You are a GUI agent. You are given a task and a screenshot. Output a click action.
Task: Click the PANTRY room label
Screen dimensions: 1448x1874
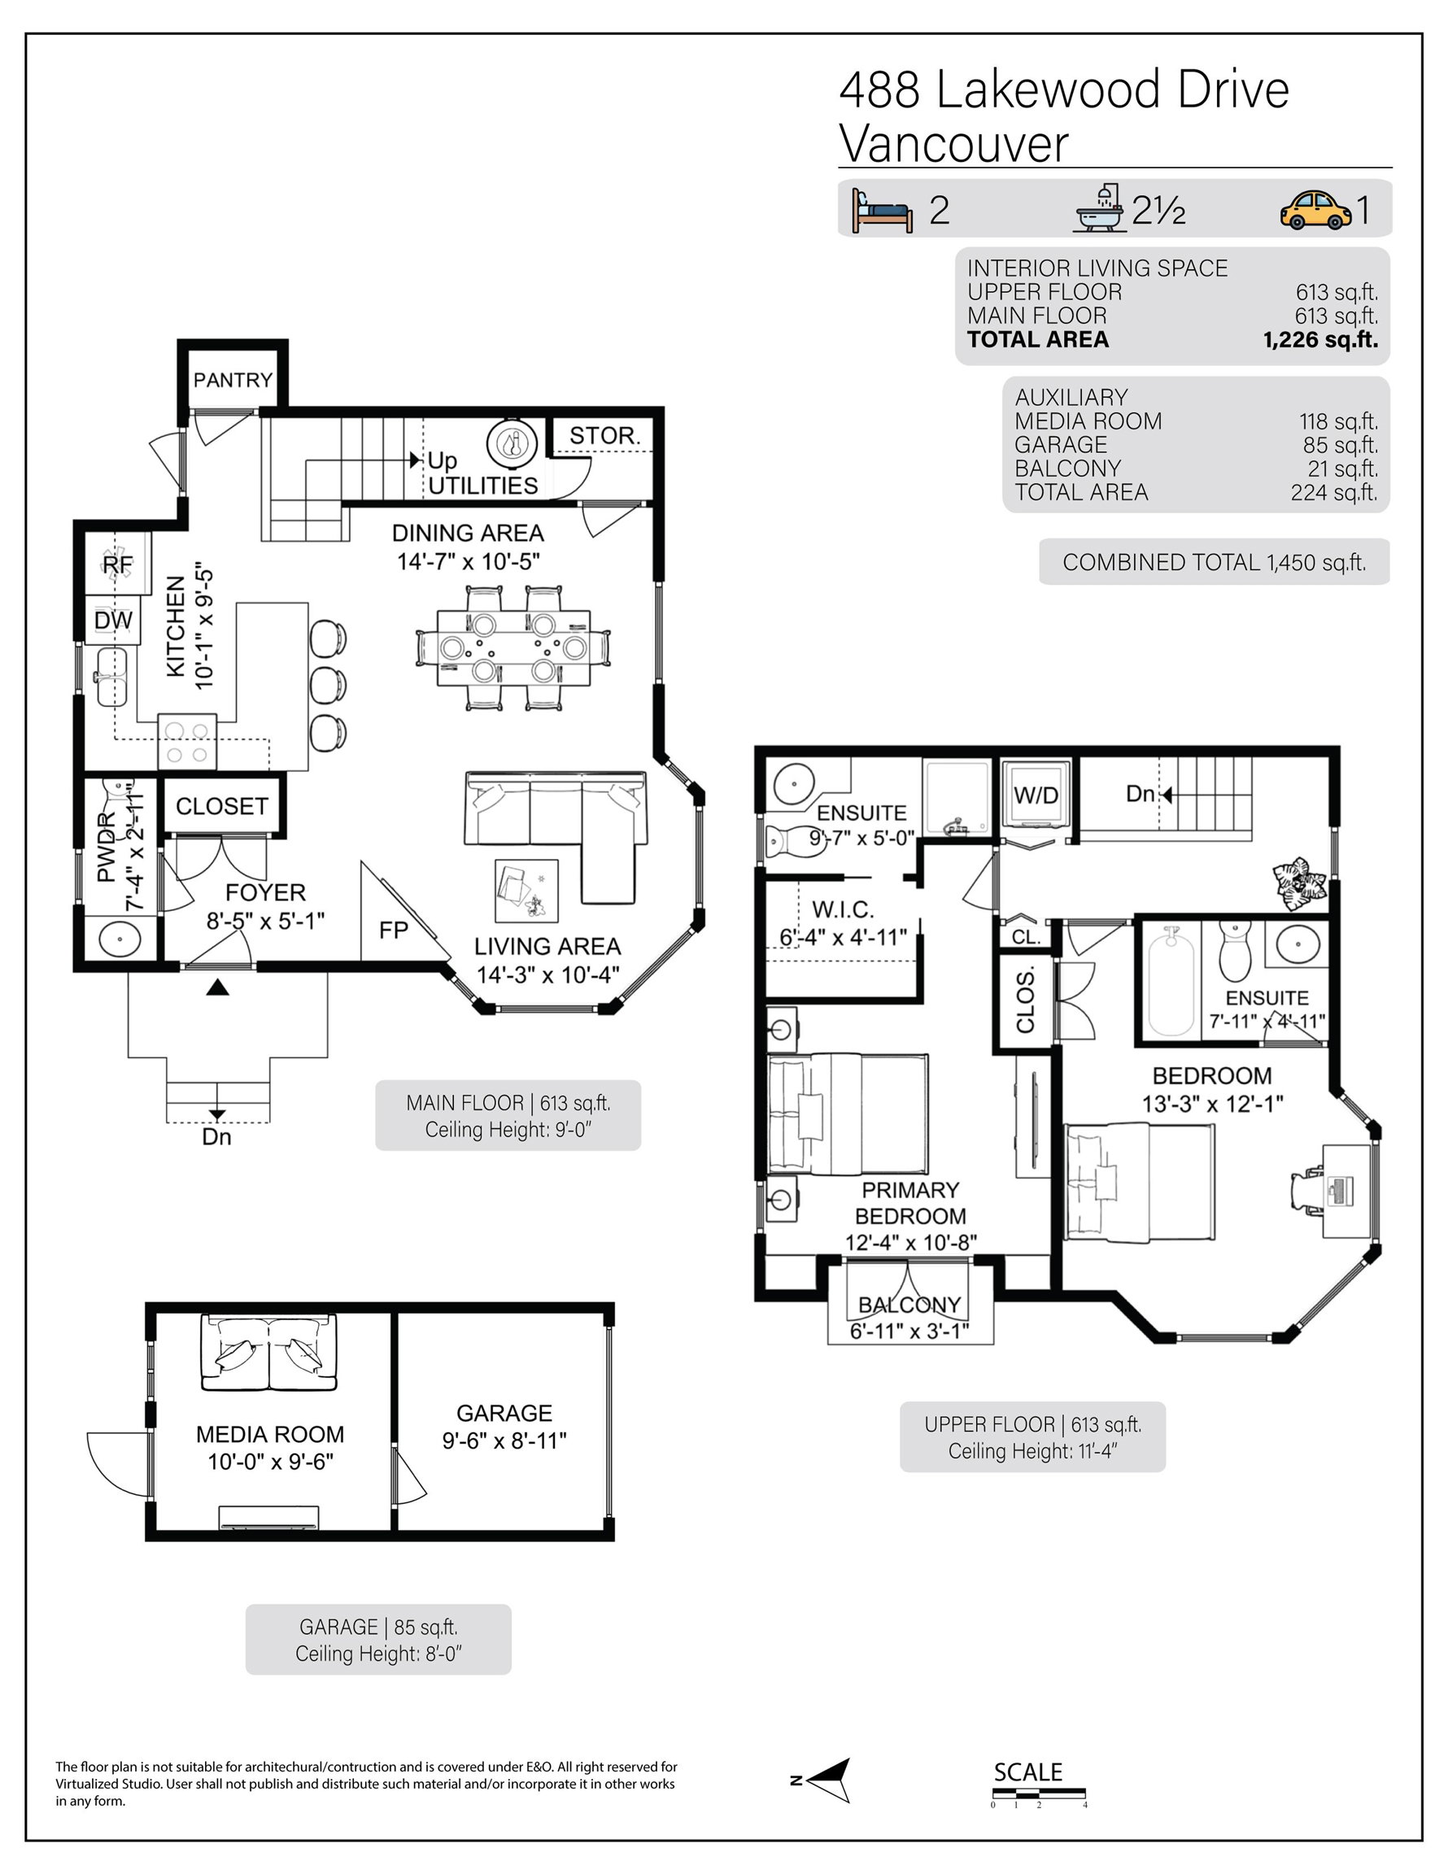[233, 379]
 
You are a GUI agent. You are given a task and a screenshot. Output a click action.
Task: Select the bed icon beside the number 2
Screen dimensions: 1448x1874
[883, 210]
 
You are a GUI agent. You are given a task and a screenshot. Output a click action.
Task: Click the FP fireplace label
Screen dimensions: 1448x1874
[393, 930]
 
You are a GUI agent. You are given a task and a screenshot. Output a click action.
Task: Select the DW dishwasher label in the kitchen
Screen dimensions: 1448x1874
[113, 621]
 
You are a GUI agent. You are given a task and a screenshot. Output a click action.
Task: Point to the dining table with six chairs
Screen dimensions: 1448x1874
[513, 647]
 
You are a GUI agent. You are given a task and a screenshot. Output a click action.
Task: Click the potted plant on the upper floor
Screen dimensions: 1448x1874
[1298, 882]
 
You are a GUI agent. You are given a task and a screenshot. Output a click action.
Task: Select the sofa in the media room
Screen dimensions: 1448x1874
[269, 1353]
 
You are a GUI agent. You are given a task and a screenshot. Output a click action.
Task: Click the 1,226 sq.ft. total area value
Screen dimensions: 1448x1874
[1320, 340]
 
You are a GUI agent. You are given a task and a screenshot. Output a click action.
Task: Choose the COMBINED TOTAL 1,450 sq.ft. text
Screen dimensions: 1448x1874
[1214, 562]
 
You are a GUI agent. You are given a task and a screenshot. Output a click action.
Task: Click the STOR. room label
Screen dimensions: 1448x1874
[605, 436]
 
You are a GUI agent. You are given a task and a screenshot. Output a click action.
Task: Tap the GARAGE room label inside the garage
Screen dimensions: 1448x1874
[504, 1413]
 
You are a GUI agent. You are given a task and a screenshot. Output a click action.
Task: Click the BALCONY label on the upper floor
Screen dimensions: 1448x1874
[909, 1305]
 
